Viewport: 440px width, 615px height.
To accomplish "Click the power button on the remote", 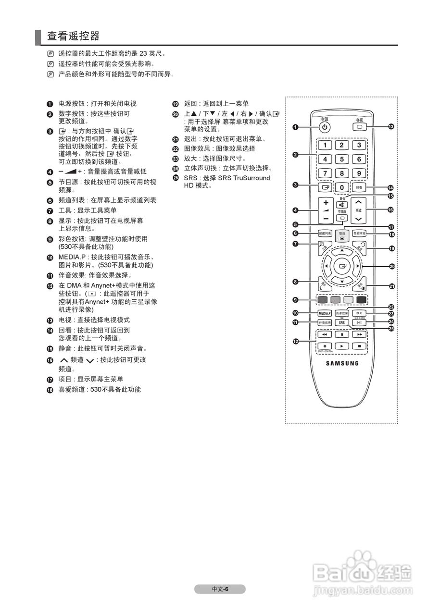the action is (x=325, y=127).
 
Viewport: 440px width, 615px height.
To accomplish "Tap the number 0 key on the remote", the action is (x=341, y=187).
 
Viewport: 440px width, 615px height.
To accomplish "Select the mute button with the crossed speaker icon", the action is (x=341, y=205).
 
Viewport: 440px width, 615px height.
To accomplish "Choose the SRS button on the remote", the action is (x=341, y=323).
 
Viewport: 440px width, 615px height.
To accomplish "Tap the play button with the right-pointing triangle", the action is (x=341, y=345).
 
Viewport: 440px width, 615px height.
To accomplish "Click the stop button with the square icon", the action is (x=359, y=345).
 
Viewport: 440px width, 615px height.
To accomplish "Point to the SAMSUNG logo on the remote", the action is (x=342, y=363).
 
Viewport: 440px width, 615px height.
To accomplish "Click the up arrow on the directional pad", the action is (x=341, y=251).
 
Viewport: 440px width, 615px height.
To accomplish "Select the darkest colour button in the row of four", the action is (x=361, y=300).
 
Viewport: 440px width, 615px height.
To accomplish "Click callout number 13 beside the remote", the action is (x=391, y=127).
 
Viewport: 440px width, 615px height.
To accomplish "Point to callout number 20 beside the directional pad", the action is (x=391, y=266).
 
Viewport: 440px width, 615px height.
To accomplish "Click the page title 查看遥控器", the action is (x=73, y=36).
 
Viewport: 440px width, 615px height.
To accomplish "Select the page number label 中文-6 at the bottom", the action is (x=220, y=590).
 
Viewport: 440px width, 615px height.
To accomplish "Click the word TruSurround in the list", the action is (x=252, y=178).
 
